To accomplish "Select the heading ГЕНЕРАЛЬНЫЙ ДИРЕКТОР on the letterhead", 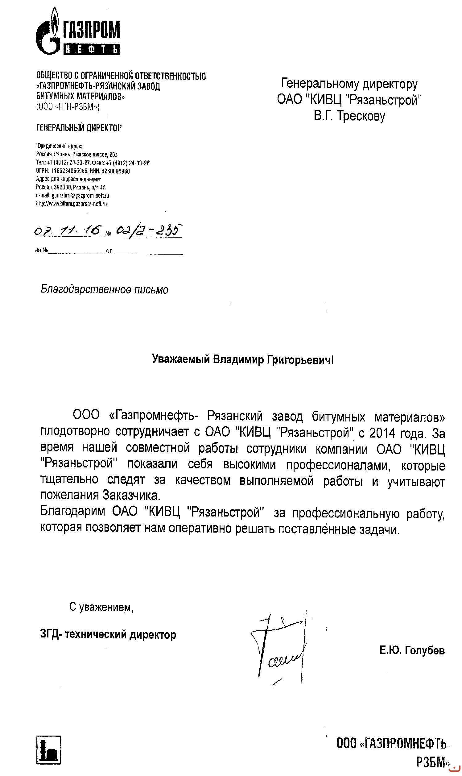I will point(79,128).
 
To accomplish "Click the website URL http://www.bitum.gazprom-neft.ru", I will point(71,204).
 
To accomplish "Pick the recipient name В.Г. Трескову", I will point(349,116).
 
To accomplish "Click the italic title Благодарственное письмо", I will point(105,290).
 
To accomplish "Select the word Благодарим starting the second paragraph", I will point(74,512).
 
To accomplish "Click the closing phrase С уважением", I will point(101,607).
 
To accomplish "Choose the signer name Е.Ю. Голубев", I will point(411,650).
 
